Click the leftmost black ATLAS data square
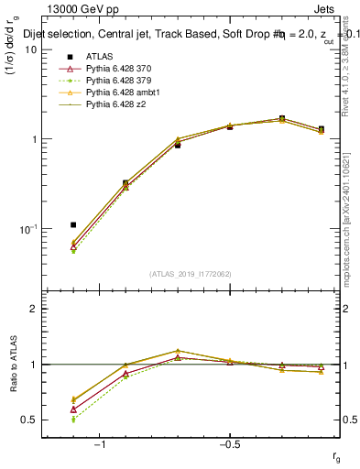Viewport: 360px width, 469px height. point(73,224)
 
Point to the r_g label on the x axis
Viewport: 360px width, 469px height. point(337,455)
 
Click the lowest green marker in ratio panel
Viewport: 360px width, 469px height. point(73,419)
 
